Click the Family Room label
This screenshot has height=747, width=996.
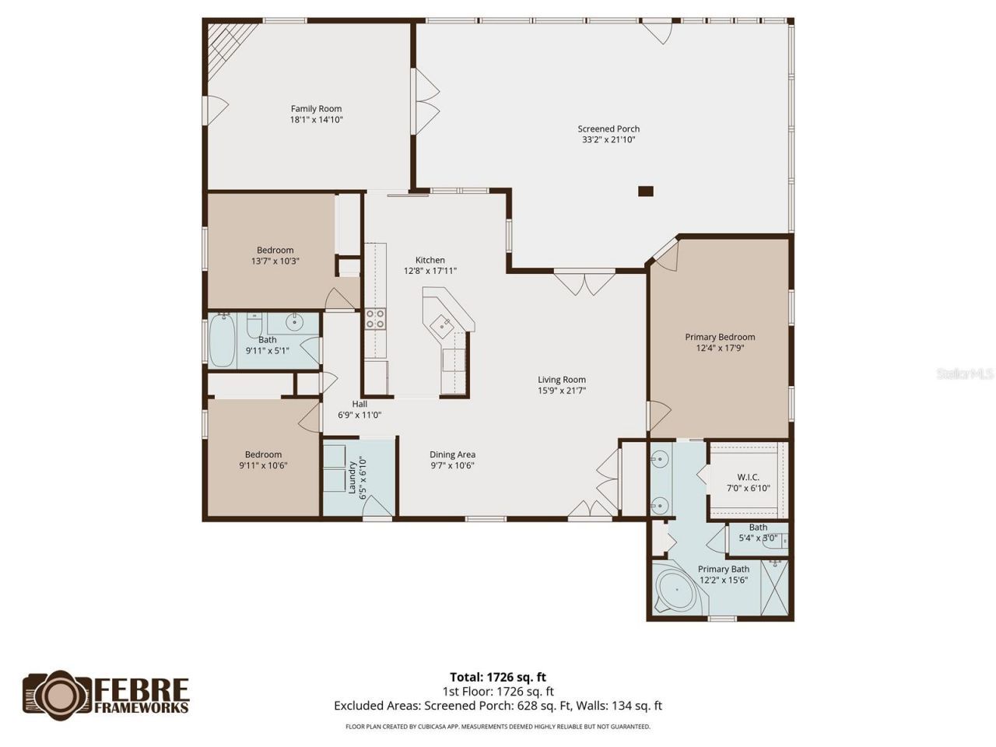(316, 109)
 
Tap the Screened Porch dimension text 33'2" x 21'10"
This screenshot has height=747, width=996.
(608, 140)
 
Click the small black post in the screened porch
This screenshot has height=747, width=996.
(645, 191)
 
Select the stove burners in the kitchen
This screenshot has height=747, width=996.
(375, 317)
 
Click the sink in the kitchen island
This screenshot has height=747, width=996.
(444, 324)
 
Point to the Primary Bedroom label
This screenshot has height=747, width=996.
(720, 337)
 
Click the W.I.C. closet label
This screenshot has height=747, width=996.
(748, 477)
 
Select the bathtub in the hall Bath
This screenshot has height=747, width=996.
(222, 341)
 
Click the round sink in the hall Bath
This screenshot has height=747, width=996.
(294, 321)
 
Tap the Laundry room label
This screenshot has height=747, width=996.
(352, 478)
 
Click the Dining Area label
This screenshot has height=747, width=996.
(452, 454)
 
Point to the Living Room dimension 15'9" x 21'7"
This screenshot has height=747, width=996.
(562, 391)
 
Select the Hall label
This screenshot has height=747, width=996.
(359, 404)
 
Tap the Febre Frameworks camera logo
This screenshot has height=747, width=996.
(58, 695)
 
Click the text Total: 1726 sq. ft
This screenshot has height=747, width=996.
(503, 677)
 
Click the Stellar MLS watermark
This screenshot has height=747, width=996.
(965, 374)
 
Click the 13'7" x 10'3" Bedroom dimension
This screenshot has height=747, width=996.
(275, 261)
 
